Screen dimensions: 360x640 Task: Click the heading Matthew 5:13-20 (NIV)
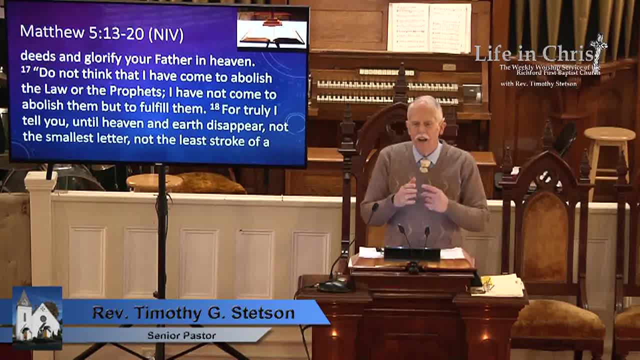tap(102, 33)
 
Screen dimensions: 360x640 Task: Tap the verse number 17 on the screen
tap(26, 70)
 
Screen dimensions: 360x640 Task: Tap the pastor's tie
tap(424, 164)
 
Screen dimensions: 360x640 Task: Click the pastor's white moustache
tap(423, 137)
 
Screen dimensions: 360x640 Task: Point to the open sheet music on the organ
tap(429, 27)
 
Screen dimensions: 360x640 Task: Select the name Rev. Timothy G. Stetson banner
tap(193, 313)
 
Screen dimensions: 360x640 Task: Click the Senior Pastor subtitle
tap(181, 335)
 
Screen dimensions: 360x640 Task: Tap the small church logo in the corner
tap(36, 317)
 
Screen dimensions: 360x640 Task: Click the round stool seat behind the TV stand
tap(154, 181)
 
